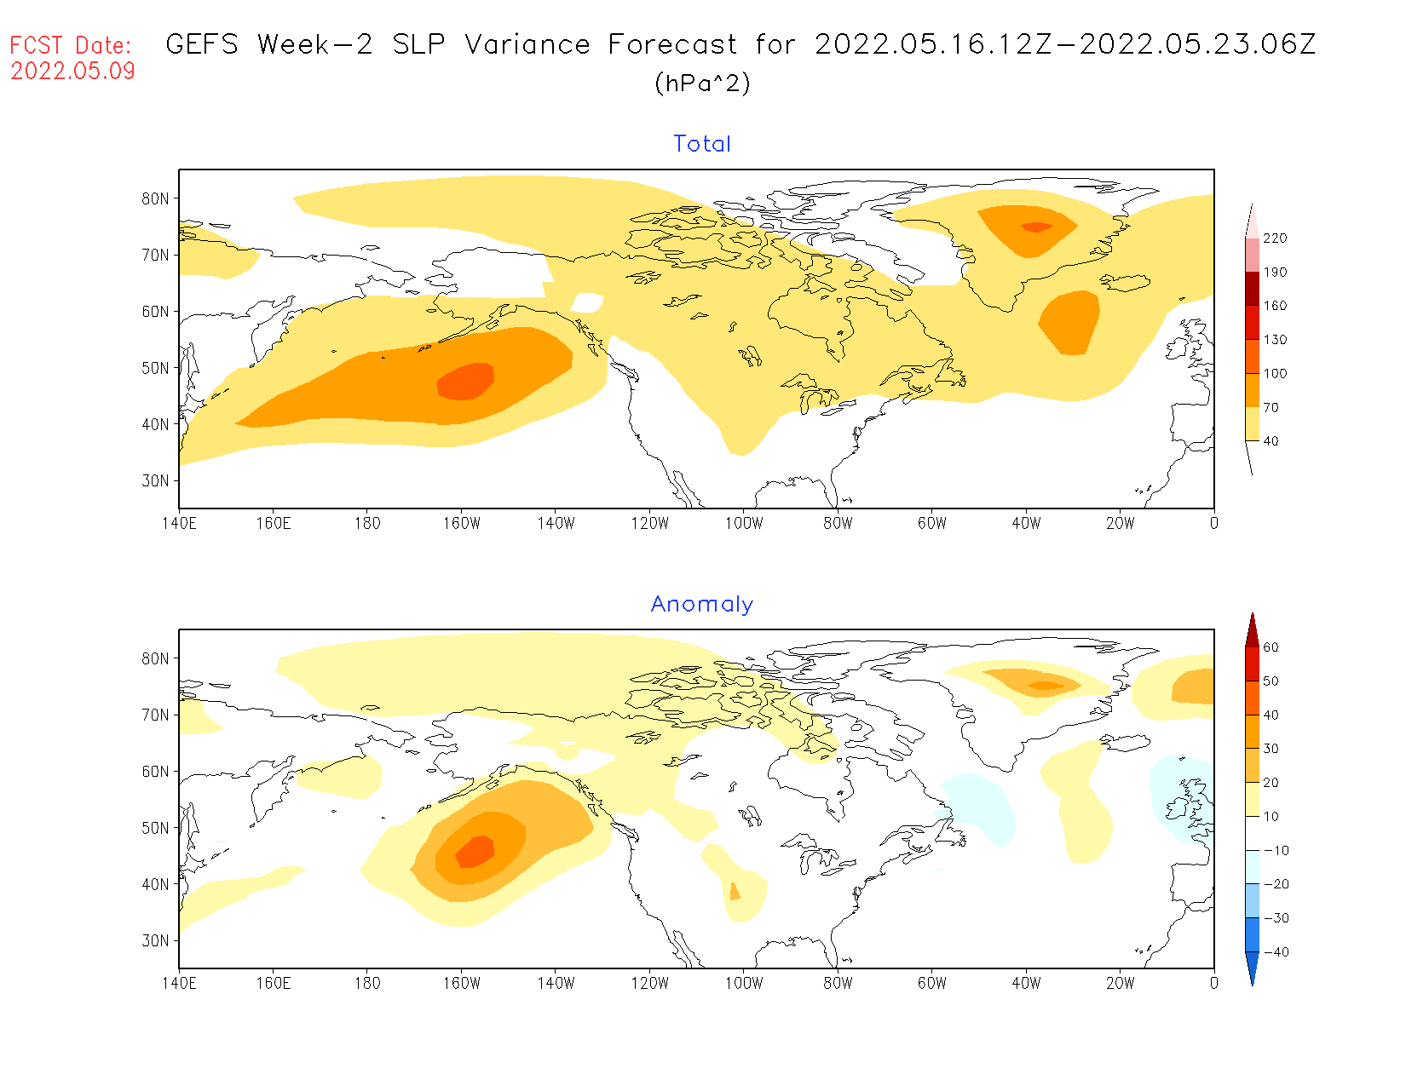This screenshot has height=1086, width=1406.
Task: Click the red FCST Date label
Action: [71, 45]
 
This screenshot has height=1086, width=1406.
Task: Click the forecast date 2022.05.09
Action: [73, 71]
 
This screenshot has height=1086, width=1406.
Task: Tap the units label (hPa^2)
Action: [702, 83]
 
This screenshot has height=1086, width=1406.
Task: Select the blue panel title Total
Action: [702, 144]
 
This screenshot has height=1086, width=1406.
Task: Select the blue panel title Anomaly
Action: [702, 604]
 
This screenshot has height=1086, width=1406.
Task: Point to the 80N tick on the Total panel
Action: [156, 198]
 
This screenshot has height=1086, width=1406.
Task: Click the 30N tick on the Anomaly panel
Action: [156, 940]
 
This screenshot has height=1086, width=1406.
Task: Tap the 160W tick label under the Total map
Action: [461, 523]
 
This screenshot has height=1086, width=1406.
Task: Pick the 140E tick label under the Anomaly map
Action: [179, 983]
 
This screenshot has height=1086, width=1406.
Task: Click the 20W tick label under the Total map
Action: [1120, 523]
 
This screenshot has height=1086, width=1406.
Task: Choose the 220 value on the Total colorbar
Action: [1275, 238]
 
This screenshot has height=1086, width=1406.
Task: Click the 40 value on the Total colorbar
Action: [1271, 441]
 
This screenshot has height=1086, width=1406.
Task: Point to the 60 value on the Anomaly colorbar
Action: [1271, 647]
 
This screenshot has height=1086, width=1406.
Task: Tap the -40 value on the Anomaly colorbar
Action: [1275, 952]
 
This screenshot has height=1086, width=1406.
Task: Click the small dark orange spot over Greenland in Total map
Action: [1036, 227]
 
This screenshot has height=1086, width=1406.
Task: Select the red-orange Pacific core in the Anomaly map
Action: [475, 851]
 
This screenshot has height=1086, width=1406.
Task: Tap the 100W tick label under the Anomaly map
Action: [744, 983]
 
